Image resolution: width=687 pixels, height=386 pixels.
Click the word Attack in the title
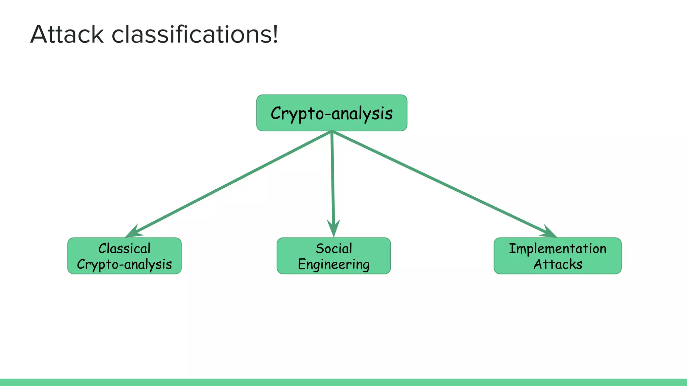(67, 35)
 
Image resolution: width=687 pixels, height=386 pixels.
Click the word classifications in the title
(191, 35)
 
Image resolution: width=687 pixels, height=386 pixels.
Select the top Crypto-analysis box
(331, 113)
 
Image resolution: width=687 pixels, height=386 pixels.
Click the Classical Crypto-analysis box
(124, 256)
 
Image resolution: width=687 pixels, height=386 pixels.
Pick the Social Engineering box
(333, 256)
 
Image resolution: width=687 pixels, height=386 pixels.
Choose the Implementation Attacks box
(558, 256)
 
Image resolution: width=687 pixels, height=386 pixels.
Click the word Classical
(124, 249)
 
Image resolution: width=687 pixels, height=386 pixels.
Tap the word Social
(333, 249)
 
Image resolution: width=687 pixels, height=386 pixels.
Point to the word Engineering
(333, 264)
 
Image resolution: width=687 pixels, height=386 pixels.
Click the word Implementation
(558, 249)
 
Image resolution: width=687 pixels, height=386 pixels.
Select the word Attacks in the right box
(558, 264)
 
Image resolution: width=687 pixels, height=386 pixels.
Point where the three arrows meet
(332, 132)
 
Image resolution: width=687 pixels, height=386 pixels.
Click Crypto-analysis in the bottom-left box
(124, 264)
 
